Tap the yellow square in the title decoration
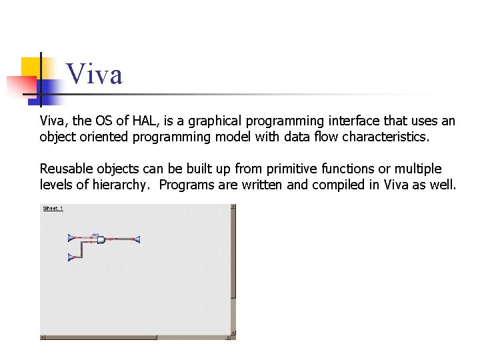click(x=32, y=67)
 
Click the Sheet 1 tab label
click(x=53, y=209)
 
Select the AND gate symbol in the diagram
click(x=101, y=239)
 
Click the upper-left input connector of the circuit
click(x=71, y=237)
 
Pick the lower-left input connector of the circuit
click(x=71, y=257)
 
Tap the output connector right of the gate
click(x=136, y=239)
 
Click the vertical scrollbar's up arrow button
click(x=233, y=207)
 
